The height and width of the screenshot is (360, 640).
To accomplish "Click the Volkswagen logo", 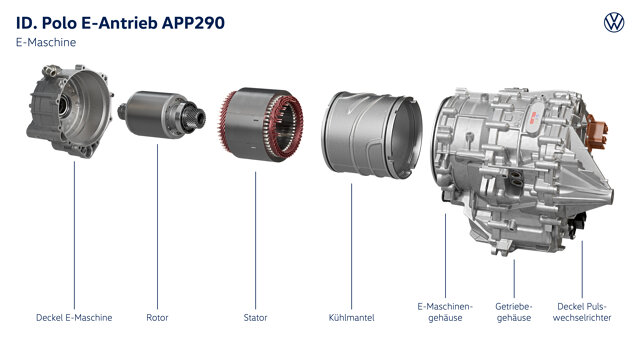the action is click(x=614, y=22).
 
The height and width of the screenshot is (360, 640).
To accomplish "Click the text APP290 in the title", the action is click(x=193, y=23).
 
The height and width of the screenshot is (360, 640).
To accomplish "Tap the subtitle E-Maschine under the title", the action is click(x=46, y=42).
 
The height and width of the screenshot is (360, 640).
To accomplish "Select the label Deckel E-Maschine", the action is click(x=74, y=318).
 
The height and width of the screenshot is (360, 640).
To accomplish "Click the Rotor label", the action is click(x=157, y=318).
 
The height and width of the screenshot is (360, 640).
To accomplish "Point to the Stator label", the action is click(x=256, y=318).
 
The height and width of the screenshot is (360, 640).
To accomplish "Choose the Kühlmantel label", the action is click(x=351, y=318).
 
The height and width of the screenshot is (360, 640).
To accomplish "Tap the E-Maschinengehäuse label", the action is click(x=445, y=312).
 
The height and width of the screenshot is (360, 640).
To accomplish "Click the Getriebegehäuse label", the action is click(x=514, y=312).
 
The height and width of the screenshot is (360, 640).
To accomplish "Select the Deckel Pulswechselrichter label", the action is click(x=582, y=312).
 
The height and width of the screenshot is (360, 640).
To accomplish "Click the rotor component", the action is click(x=162, y=114).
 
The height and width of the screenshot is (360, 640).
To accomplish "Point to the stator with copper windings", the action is click(x=261, y=124).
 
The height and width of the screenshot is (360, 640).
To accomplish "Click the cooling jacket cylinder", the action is click(x=372, y=135).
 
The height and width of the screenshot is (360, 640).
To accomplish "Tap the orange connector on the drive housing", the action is click(x=596, y=133).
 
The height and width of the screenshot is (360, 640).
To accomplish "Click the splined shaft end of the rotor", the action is click(x=195, y=117).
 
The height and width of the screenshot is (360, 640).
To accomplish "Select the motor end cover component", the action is click(x=70, y=110).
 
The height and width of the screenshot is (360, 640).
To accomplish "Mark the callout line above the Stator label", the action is click(x=256, y=240).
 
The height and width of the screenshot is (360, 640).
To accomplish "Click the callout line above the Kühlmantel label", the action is click(x=351, y=246).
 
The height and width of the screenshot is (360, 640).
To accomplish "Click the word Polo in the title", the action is click(x=60, y=23).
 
